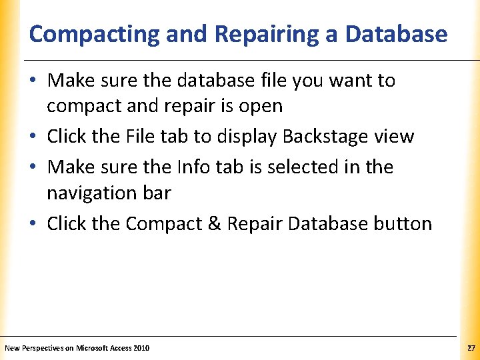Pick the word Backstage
pos(325,137)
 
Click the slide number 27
pos(471,348)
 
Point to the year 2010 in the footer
pos(142,348)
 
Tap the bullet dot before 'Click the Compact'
pos(35,224)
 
